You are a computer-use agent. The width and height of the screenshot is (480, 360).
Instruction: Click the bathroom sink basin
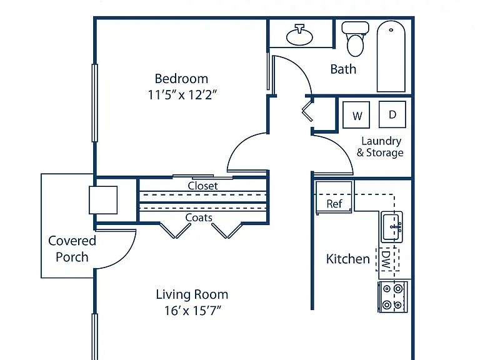click(x=299, y=36)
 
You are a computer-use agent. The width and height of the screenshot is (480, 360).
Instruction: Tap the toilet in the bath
click(x=355, y=39)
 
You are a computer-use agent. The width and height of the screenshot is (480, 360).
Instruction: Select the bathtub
click(x=391, y=56)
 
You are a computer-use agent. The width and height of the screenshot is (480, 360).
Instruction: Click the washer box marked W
click(x=356, y=115)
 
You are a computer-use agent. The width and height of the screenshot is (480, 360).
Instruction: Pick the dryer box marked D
click(x=392, y=114)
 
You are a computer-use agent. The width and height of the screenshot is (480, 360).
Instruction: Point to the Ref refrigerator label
click(x=334, y=204)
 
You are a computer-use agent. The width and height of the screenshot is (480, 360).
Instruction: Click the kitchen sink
click(x=392, y=227)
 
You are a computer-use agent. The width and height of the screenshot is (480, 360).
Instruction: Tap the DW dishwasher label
click(x=386, y=259)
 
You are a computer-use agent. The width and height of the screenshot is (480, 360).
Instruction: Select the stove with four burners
click(x=392, y=297)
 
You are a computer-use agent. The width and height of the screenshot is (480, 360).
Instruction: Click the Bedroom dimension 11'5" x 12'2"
click(x=182, y=95)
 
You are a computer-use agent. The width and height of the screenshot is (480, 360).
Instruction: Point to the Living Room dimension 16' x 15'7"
click(x=192, y=311)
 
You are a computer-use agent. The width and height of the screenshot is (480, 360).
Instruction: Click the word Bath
click(x=343, y=69)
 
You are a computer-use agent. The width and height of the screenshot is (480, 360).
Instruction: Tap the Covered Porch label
click(x=72, y=249)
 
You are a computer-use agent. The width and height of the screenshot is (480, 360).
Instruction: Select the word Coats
click(x=199, y=217)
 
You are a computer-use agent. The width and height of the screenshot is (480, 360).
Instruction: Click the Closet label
click(x=202, y=186)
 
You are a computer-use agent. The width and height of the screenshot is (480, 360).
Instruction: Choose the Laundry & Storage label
click(x=380, y=147)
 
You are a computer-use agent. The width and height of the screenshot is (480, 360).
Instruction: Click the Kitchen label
click(x=347, y=259)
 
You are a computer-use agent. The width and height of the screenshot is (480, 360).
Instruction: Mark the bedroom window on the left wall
click(x=95, y=103)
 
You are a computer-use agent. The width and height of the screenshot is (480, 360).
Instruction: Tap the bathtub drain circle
click(x=391, y=30)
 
